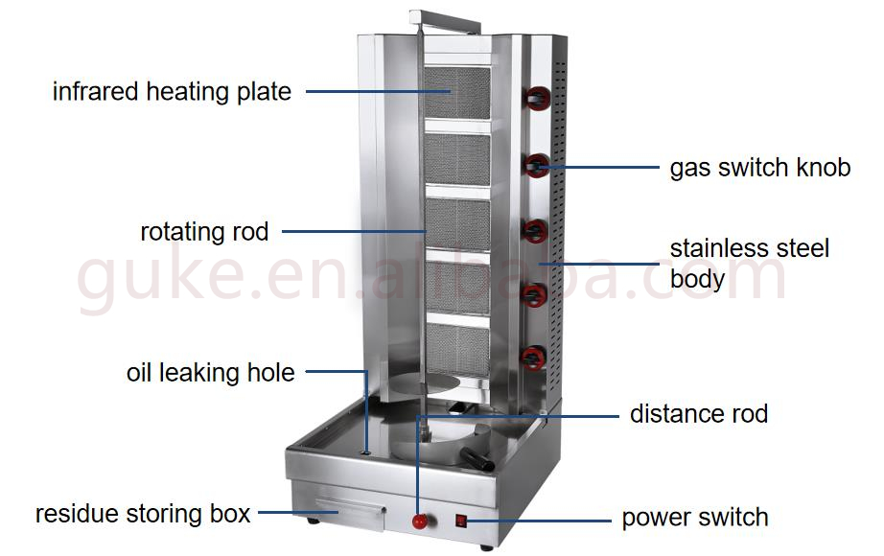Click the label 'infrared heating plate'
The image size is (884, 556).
(x=172, y=92)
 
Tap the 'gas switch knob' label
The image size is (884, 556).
(x=759, y=168)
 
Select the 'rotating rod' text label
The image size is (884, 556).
(x=204, y=231)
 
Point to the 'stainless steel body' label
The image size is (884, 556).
(x=749, y=264)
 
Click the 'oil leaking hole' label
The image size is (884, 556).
(x=211, y=372)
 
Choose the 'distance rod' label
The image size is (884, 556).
(x=699, y=414)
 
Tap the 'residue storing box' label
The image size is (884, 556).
(x=143, y=514)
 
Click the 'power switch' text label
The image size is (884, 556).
(x=695, y=518)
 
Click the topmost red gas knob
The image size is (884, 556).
(x=538, y=96)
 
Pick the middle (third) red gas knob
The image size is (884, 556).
(x=535, y=230)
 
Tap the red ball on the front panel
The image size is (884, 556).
(x=419, y=521)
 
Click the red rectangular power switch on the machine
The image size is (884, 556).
(x=461, y=522)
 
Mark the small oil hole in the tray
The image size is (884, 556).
(x=366, y=451)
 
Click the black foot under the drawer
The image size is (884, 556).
(x=314, y=521)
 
